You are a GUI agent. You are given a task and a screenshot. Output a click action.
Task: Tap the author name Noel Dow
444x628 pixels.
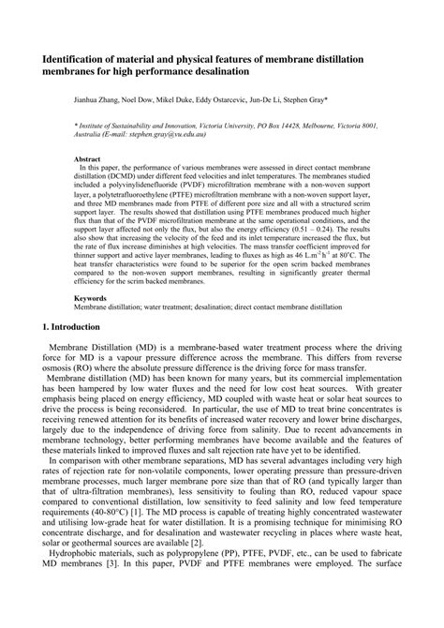(154, 97)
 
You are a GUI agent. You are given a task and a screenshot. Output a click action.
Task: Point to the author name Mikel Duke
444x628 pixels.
(200, 97)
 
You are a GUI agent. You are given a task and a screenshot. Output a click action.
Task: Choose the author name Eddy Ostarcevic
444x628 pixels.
(257, 97)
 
